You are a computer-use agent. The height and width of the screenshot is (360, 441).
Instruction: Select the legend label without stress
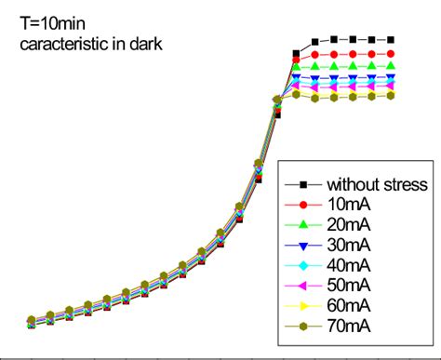(377, 183)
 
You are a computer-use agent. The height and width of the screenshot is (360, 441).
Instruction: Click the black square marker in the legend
(303, 183)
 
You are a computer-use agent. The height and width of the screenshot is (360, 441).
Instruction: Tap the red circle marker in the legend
(303, 204)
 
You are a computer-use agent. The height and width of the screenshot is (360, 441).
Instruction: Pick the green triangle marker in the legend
(303, 224)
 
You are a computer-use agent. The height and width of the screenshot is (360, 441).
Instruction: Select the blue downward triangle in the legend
(303, 245)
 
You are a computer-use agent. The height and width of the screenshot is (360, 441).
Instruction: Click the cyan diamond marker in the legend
(303, 265)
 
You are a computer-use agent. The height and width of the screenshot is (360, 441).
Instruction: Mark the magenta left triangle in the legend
(303, 285)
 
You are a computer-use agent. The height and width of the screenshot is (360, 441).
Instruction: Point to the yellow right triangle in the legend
(303, 305)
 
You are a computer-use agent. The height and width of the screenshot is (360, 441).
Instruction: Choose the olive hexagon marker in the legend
(303, 326)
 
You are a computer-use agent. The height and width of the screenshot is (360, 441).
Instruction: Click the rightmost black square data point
(392, 40)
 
